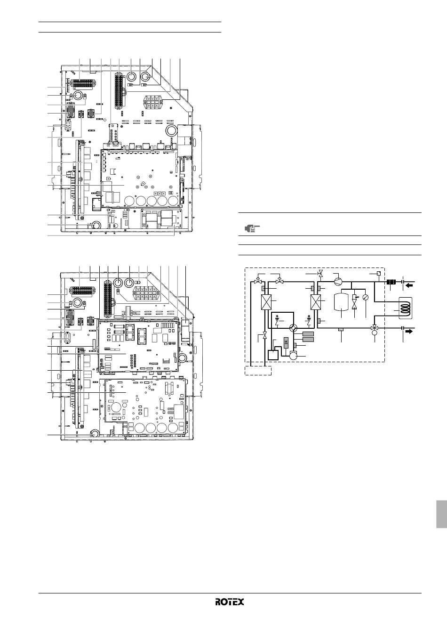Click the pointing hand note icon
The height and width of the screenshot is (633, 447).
[x=252, y=228]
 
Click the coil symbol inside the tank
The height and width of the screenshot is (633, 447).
[x=405, y=308]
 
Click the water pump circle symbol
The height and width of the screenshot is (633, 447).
[x=338, y=282]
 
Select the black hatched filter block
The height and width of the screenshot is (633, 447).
[x=391, y=282]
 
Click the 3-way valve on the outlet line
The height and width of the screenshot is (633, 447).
[x=375, y=328]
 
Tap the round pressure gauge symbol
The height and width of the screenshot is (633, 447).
[x=366, y=297]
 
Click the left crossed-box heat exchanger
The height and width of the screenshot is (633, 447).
[x=265, y=303]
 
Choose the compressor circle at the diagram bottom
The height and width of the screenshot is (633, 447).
[x=294, y=356]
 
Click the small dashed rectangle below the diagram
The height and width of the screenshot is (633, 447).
[x=258, y=371]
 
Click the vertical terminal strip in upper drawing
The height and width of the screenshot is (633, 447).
[x=120, y=92]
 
